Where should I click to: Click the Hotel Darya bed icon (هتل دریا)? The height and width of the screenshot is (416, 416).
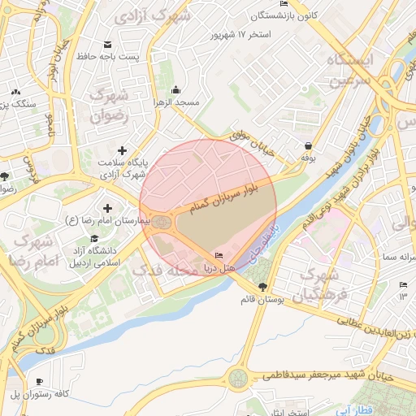(218, 256)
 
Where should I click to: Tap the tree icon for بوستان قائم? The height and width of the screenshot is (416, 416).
(262, 287)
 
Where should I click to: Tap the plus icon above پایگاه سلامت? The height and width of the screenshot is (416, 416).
(122, 150)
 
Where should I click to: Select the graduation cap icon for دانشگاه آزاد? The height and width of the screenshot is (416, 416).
(95, 239)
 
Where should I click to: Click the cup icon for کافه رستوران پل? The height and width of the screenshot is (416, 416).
(39, 382)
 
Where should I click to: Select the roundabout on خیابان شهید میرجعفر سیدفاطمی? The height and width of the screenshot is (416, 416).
(237, 378)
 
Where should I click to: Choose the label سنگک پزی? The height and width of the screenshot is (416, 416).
(18, 104)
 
